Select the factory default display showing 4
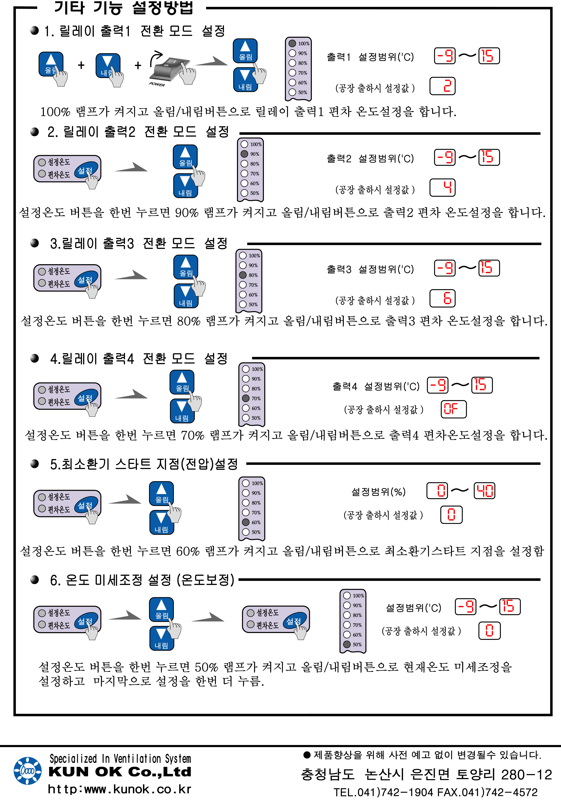coord(442,188)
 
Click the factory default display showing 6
coord(442,298)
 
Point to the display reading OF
coord(453,409)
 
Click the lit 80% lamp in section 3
coord(243,275)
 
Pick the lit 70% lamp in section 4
coord(246,398)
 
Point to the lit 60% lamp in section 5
coord(246,522)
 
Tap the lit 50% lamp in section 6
coord(347,644)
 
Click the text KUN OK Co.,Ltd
coord(120,772)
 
